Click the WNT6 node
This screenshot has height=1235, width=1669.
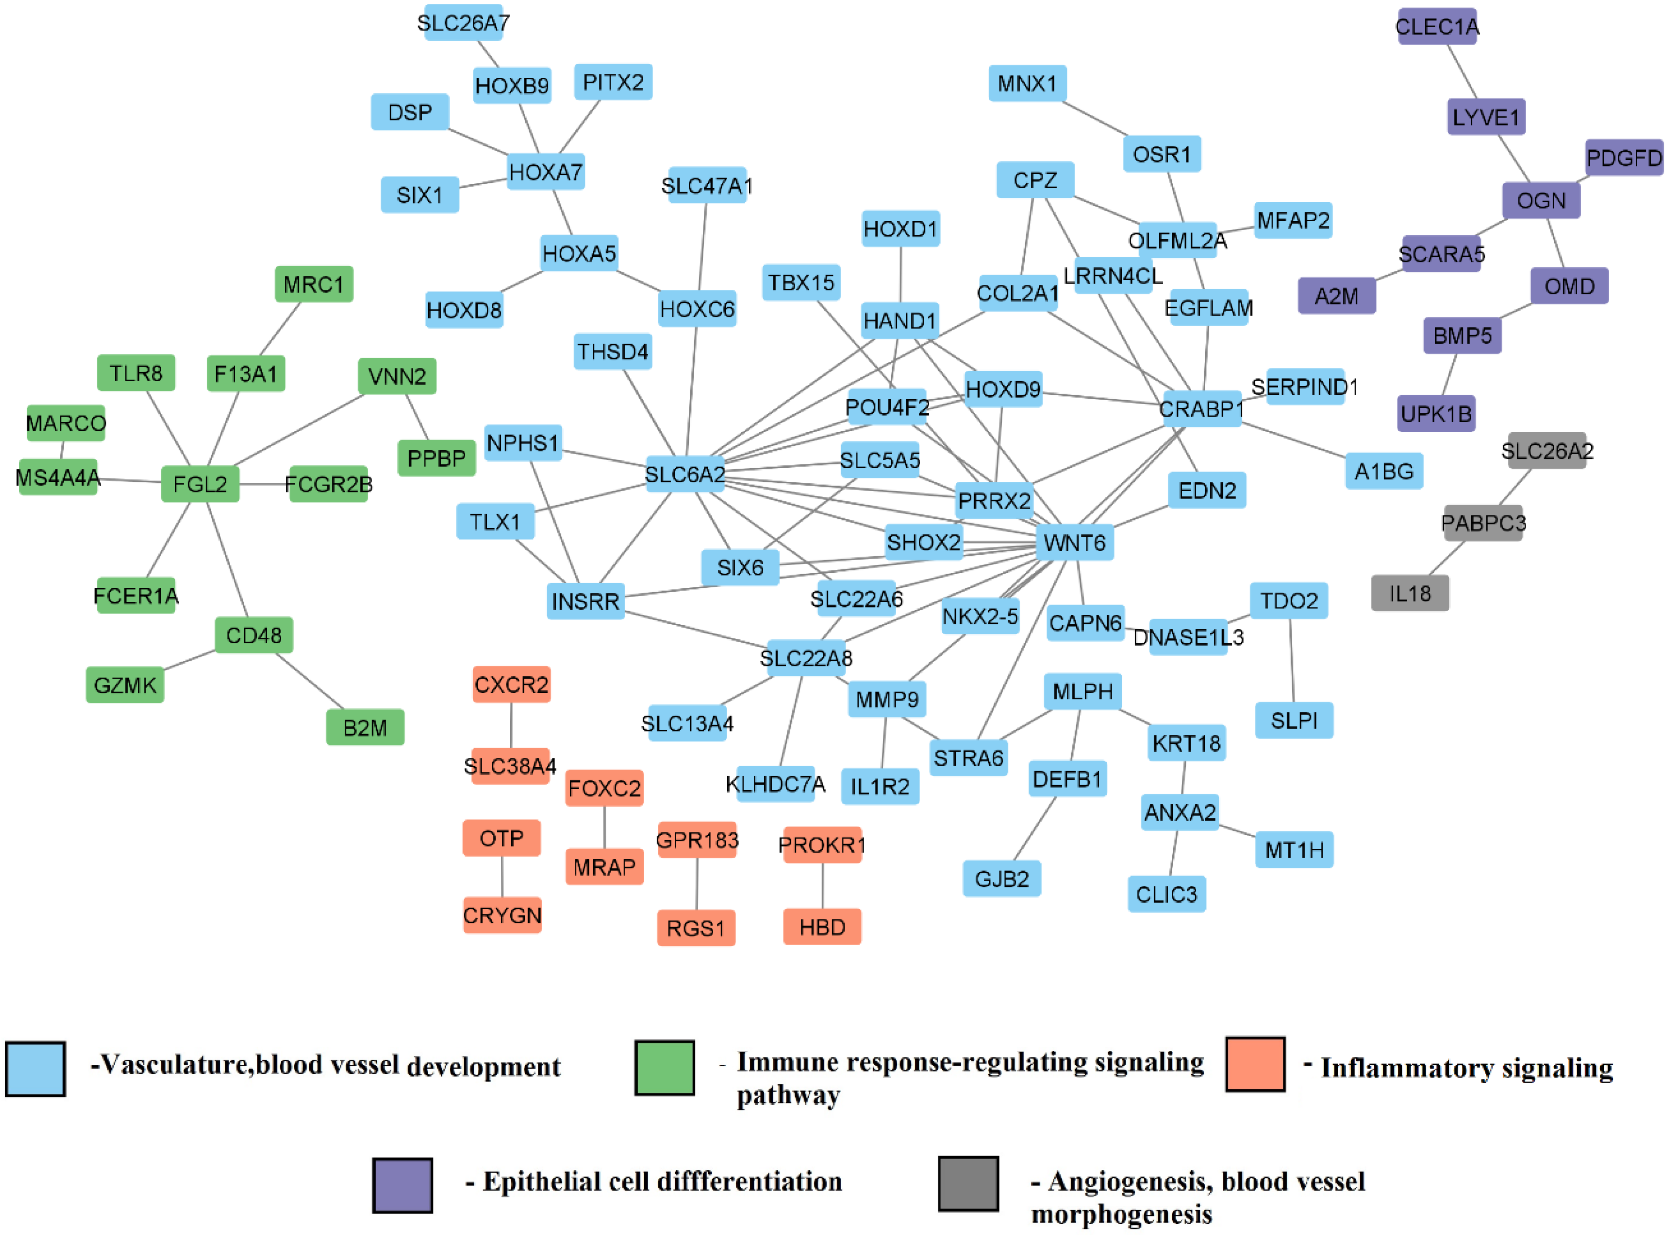click(1074, 543)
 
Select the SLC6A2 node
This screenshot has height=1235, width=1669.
click(685, 474)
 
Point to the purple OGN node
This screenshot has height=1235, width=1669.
click(1541, 200)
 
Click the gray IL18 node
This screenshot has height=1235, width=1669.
click(1409, 593)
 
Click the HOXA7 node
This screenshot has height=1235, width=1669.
click(545, 172)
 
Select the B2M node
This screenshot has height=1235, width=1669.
click(365, 727)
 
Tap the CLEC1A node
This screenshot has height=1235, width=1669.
click(1437, 27)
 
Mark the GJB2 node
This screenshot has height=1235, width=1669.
click(1002, 878)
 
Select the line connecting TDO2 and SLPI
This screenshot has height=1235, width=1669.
click(1291, 659)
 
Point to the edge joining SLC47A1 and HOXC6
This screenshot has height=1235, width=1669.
click(702, 247)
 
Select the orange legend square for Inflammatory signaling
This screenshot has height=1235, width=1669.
click(1255, 1064)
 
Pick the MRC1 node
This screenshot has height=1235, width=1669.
click(313, 284)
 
